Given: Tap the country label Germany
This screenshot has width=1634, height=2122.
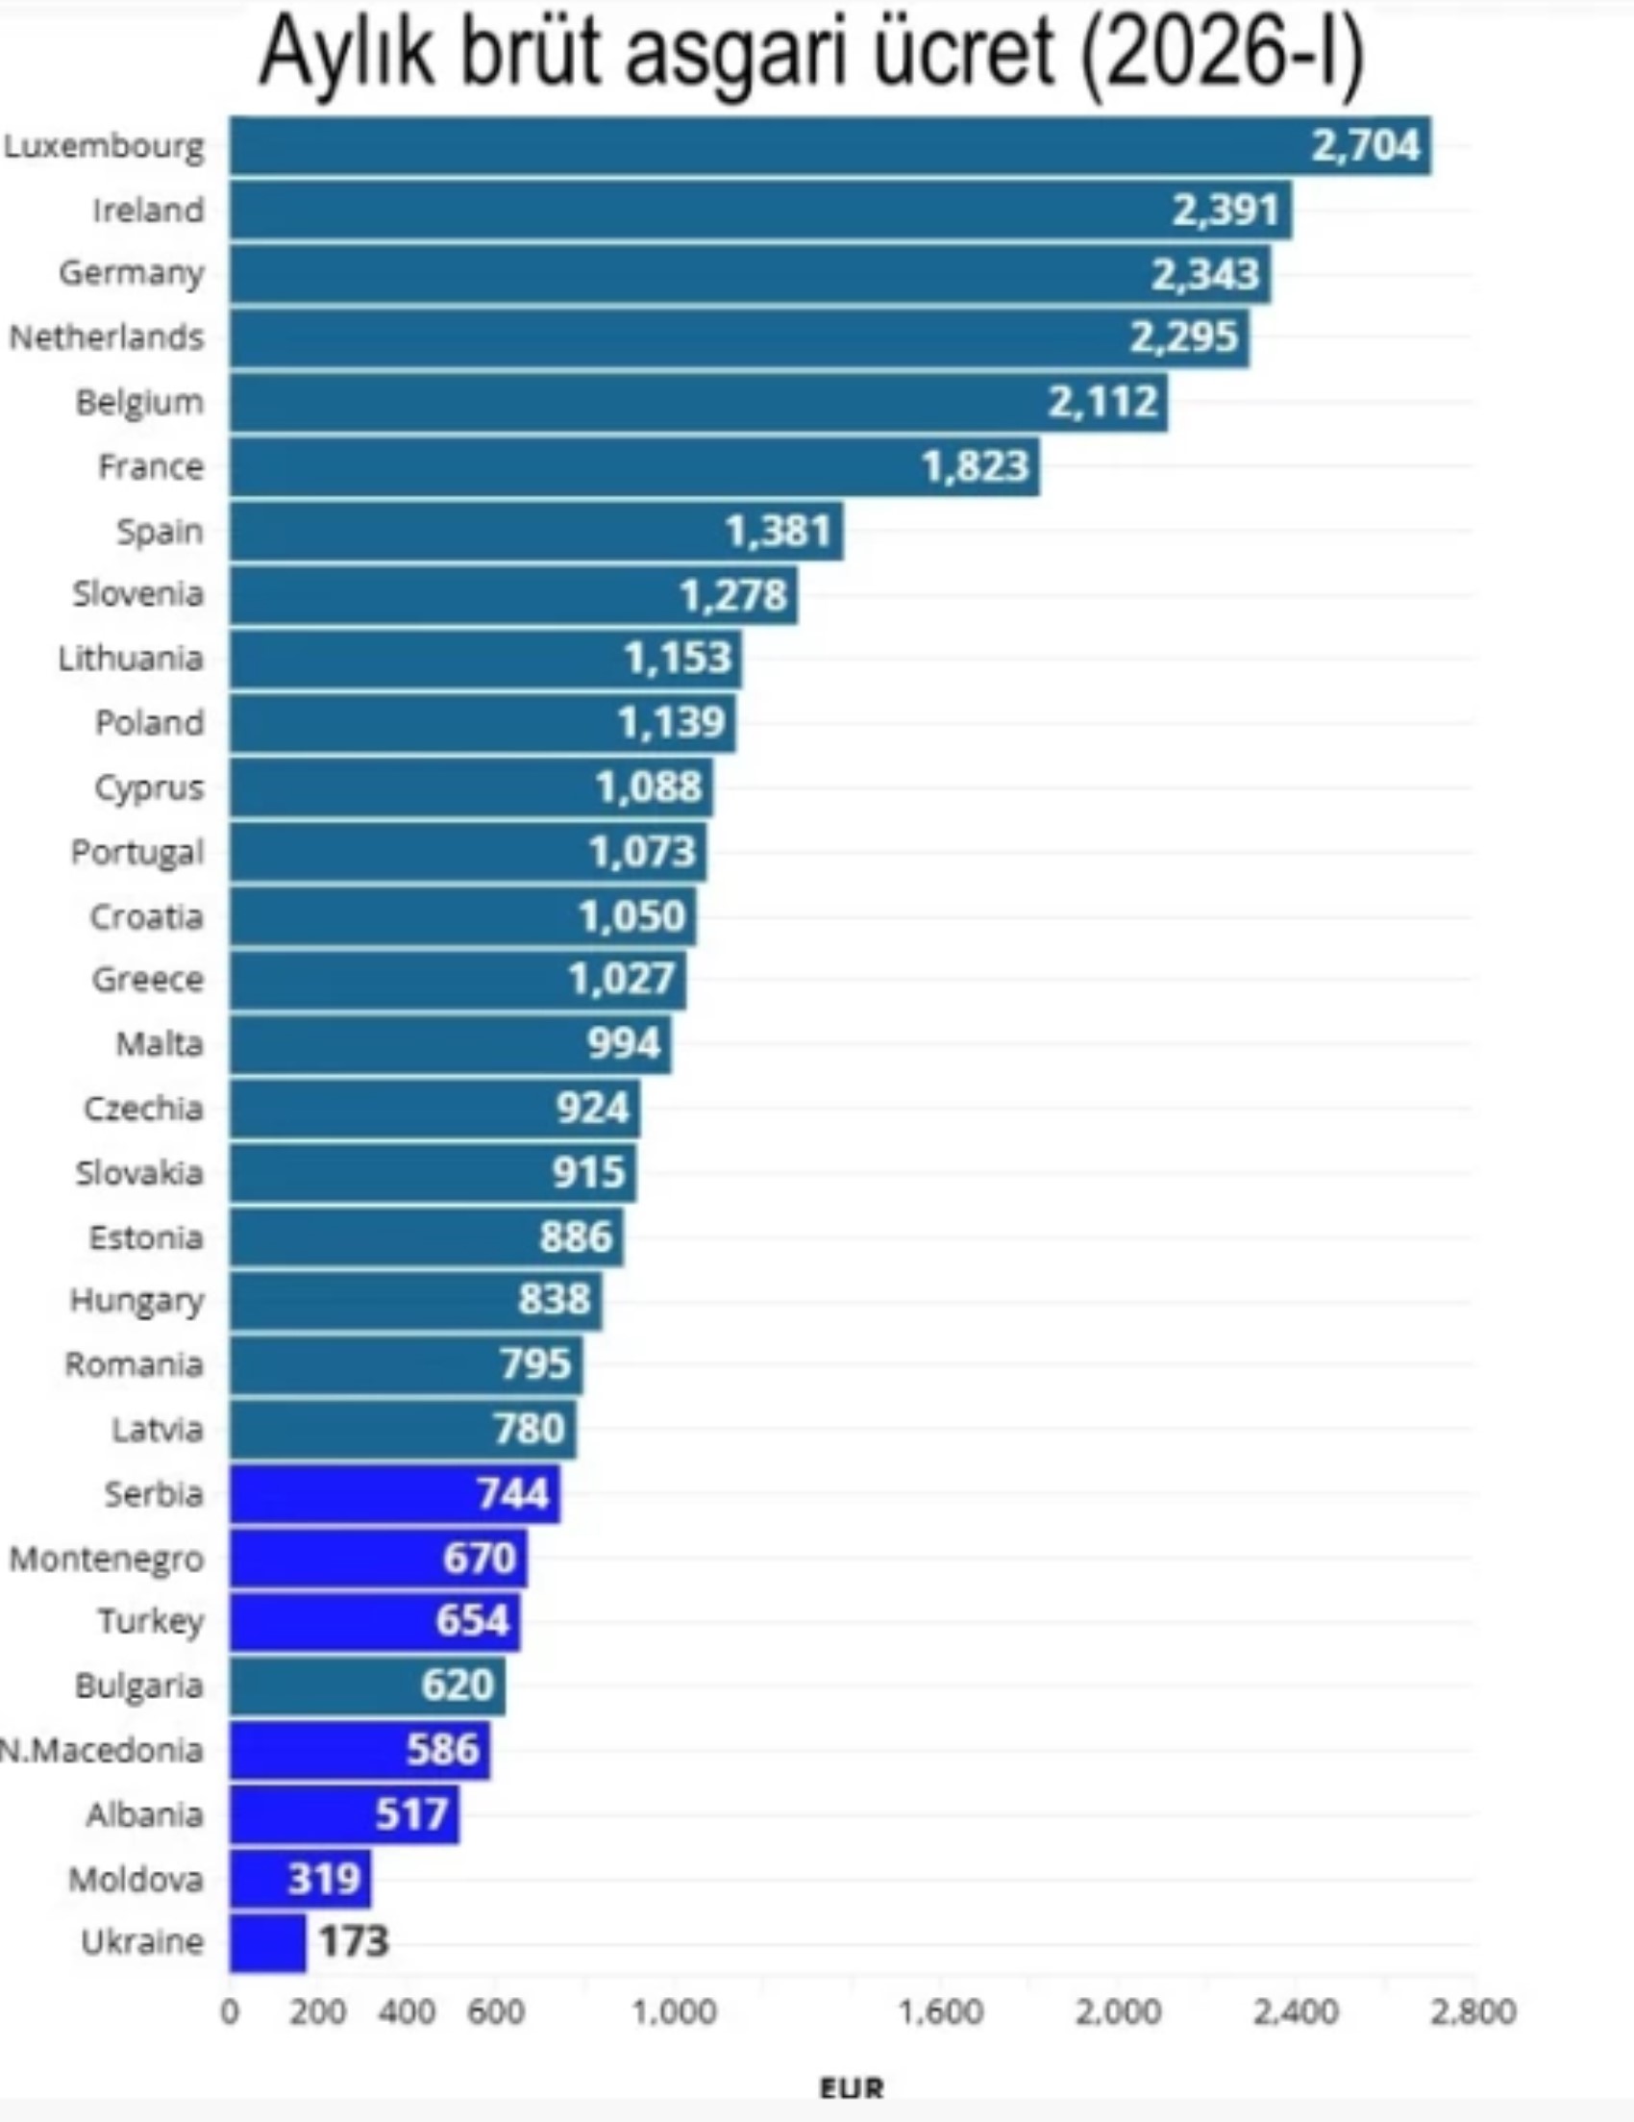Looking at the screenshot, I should [132, 273].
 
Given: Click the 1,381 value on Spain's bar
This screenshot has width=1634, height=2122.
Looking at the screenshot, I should [780, 532].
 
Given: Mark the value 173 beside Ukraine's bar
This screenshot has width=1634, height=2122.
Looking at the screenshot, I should [354, 1942].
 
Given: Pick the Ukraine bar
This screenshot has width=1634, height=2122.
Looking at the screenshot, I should [267, 1942].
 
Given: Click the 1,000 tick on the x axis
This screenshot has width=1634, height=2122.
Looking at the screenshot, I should [674, 2011].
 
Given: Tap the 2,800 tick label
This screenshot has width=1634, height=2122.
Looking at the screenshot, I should [1473, 2011].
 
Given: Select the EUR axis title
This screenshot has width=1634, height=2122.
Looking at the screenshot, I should [852, 2087].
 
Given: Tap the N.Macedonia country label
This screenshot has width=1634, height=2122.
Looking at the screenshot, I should [101, 1750].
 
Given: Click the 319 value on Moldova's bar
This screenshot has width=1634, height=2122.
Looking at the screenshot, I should [324, 1878].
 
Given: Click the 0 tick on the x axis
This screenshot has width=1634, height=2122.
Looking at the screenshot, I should [230, 2011].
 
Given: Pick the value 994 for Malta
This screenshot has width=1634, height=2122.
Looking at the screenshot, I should [624, 1043].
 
